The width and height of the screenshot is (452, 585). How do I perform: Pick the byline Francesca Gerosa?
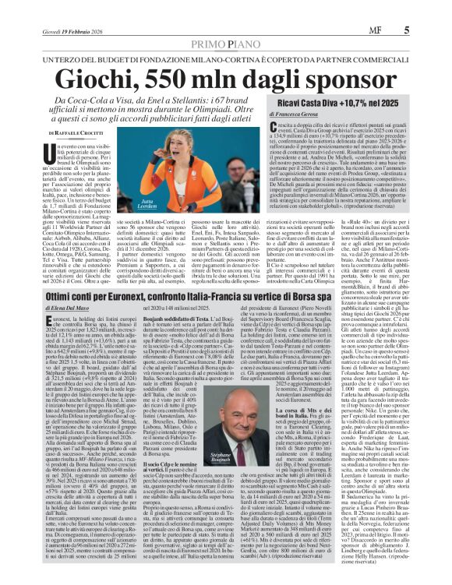339,136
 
